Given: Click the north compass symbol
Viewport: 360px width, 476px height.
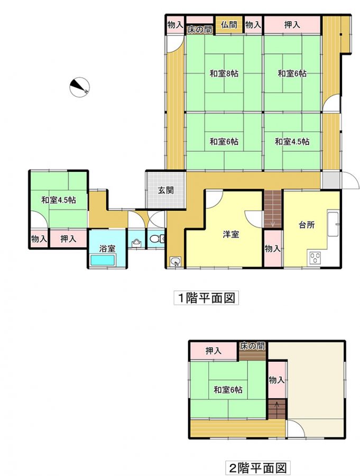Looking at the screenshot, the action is tap(79, 87).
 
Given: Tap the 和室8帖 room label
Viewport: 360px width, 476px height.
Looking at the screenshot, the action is tap(224, 73).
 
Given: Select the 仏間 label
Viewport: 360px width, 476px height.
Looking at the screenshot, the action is tap(229, 24).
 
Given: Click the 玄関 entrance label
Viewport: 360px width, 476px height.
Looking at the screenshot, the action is tap(166, 190).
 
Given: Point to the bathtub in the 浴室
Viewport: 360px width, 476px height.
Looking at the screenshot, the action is tap(103, 260).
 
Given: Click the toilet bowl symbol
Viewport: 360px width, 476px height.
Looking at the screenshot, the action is tap(155, 239).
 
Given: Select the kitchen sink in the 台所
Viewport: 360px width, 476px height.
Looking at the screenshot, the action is tap(333, 225).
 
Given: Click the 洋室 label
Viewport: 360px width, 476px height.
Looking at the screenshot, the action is tap(230, 234).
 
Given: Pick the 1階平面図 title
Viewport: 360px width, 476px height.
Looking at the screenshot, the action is tap(206, 298).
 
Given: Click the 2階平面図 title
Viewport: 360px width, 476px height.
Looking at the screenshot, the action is tap(257, 468).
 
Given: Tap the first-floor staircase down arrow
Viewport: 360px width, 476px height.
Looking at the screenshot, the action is tap(273, 223).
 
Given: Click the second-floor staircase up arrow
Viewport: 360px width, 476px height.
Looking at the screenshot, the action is tap(277, 406).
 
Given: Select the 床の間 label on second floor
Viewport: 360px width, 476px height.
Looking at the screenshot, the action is tap(252, 346).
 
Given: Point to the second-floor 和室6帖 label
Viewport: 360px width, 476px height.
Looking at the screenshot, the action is tap(228, 389).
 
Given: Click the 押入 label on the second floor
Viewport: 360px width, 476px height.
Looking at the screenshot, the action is tap(214, 351).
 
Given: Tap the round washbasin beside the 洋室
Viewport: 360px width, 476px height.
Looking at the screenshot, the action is tap(176, 261).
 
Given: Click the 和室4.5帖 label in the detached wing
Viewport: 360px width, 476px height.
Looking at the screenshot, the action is tap(59, 200).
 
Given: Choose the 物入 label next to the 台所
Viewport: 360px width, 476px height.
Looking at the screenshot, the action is tap(273, 249).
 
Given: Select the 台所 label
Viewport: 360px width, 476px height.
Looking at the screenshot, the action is tap(307, 225).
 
